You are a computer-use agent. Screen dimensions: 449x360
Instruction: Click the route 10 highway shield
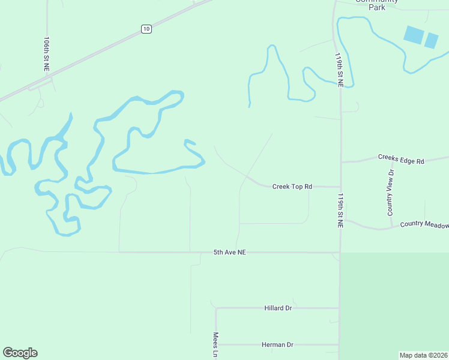(147, 29)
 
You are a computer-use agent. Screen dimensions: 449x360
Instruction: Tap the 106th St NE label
(47, 54)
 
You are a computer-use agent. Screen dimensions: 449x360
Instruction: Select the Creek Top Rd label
(292, 187)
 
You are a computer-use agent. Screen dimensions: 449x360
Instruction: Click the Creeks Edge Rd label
(401, 159)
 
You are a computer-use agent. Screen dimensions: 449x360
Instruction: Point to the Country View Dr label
(391, 192)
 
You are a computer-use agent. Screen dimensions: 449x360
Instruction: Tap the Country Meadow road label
(424, 224)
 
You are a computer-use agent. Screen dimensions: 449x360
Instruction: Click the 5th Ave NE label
(230, 253)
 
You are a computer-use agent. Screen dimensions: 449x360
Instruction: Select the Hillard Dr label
(278, 308)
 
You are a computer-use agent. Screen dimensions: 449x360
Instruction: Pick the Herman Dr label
(277, 344)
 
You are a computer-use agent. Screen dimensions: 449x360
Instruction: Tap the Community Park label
(370, 4)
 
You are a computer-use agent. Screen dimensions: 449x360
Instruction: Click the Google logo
(20, 353)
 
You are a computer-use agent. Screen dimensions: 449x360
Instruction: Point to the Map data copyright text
(423, 355)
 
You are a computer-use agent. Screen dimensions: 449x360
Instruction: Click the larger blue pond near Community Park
(413, 34)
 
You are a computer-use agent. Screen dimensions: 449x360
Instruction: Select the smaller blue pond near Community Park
(432, 40)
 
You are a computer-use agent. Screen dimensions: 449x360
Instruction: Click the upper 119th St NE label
(340, 70)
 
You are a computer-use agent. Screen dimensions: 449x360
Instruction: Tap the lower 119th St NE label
(340, 211)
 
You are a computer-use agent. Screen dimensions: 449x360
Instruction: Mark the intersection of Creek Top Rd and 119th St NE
(340, 187)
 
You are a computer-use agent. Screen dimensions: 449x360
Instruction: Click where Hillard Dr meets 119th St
(339, 308)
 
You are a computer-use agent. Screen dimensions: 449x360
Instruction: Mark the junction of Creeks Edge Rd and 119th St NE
(341, 162)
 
